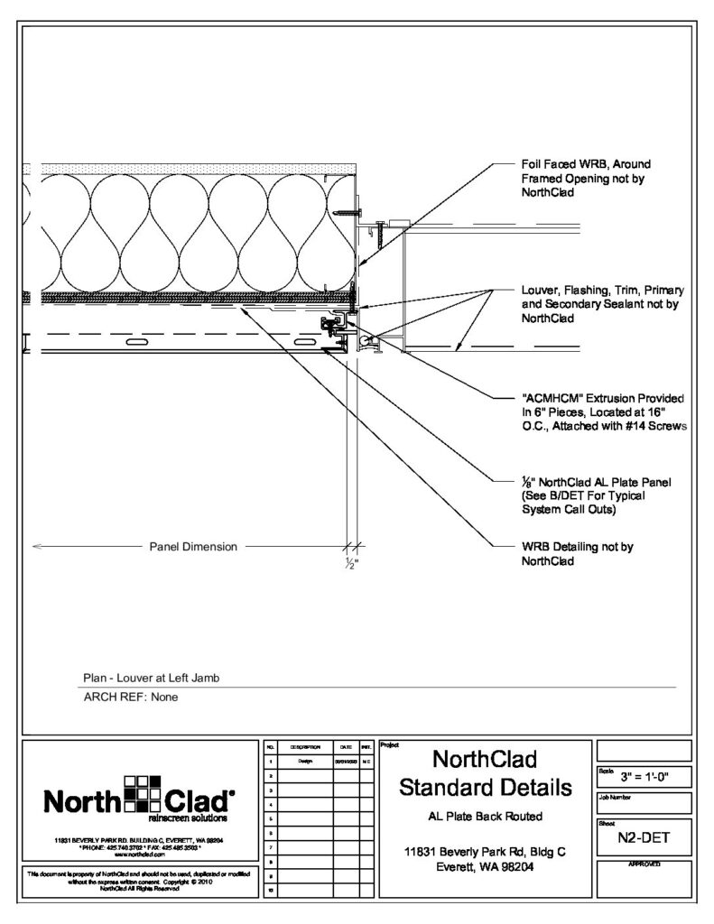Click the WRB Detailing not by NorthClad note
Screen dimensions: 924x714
(x=565, y=553)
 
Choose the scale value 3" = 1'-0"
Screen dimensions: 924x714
(x=644, y=775)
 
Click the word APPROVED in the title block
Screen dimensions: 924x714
(x=644, y=864)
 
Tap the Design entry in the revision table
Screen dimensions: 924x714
(x=304, y=762)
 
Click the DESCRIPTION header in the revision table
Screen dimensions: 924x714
(x=304, y=748)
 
